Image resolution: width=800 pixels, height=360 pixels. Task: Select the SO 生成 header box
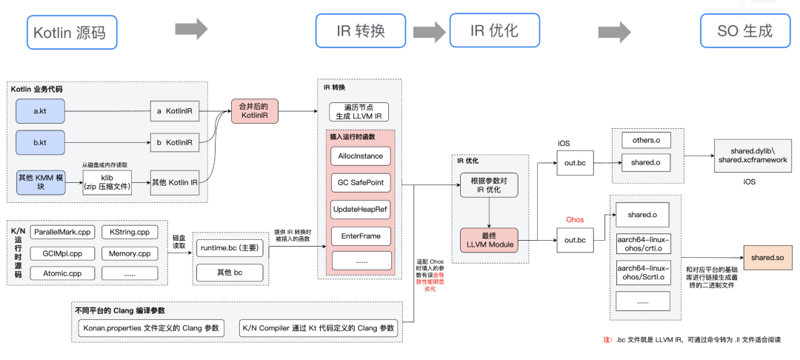coord(744,31)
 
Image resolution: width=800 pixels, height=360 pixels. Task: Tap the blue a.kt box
coord(41,110)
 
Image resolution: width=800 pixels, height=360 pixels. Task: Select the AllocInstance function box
coord(360,156)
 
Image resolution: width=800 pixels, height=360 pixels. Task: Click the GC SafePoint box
coord(360,183)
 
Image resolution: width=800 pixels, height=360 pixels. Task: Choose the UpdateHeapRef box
coord(360,210)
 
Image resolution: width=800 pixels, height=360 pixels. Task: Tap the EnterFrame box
coord(360,236)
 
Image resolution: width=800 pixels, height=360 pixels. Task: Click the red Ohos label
coord(575,220)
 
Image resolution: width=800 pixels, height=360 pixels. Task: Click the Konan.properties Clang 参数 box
coord(151,328)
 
